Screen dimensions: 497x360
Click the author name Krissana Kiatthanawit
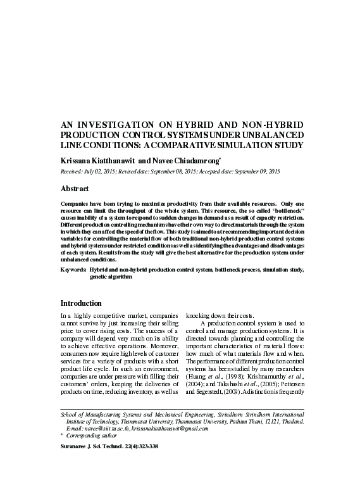pos(98,161)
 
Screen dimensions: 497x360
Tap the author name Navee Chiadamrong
pos(191,161)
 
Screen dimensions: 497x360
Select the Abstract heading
pos(74,189)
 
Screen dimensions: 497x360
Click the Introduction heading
pos(80,303)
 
